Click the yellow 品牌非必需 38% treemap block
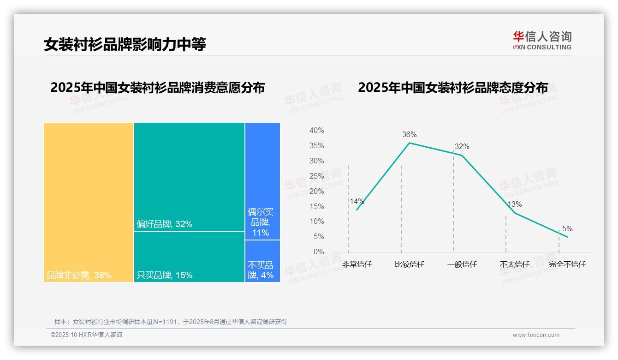click(x=89, y=202)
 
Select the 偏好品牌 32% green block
click(x=189, y=176)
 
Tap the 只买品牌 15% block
click(x=189, y=256)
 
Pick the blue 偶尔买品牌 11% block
click(x=262, y=181)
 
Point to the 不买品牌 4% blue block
click(x=262, y=261)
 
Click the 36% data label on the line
click(x=409, y=135)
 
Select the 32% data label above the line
click(x=462, y=147)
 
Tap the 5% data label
click(x=567, y=229)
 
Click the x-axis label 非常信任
click(x=357, y=264)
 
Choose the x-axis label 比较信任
click(x=409, y=264)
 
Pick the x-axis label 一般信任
click(x=462, y=264)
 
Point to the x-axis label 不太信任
click(x=515, y=264)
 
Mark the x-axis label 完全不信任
click(x=567, y=264)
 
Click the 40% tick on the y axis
click(x=316, y=131)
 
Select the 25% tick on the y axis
click(x=316, y=176)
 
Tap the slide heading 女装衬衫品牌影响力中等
click(x=125, y=44)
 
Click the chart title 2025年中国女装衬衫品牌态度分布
click(x=453, y=88)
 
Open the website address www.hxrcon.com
click(x=536, y=335)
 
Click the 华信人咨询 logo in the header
click(x=542, y=40)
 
